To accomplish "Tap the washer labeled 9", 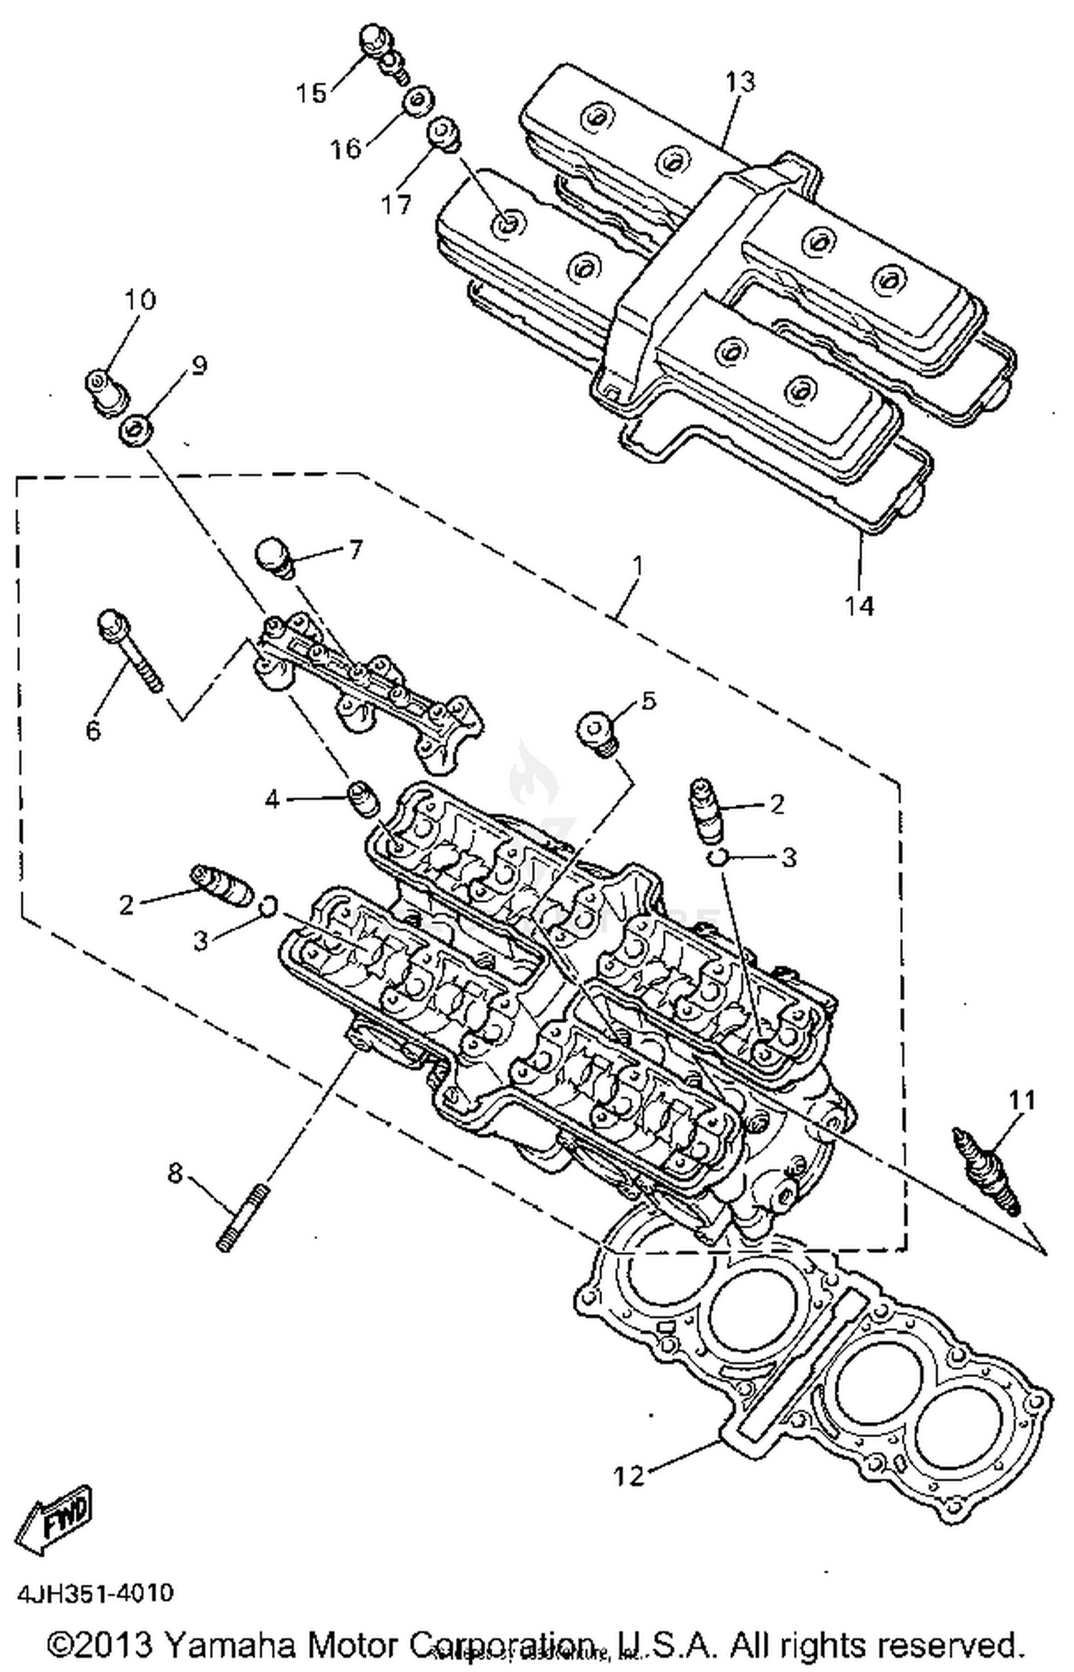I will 134,432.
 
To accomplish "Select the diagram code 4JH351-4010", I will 95,1594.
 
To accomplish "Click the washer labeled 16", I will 417,102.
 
